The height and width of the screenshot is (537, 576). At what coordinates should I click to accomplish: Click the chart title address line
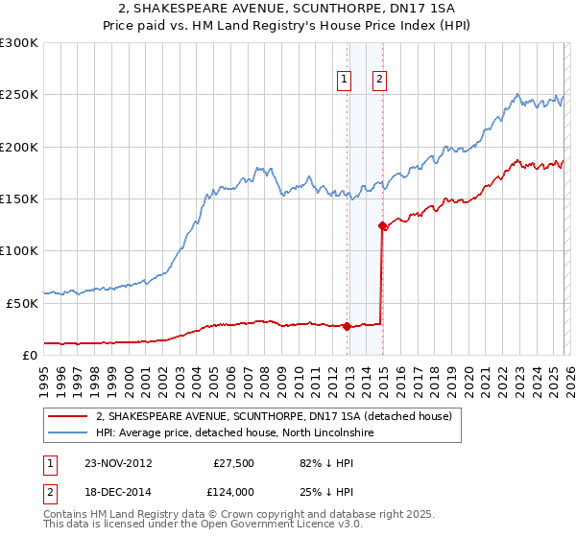(288, 9)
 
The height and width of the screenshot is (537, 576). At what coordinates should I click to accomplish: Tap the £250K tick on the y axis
(19, 95)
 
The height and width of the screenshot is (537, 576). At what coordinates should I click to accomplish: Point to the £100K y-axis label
(19, 250)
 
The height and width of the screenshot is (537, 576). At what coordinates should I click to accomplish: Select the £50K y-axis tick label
(22, 303)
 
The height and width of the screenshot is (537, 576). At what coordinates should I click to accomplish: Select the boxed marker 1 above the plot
(343, 80)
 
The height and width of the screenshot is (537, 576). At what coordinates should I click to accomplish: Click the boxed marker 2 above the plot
(379, 80)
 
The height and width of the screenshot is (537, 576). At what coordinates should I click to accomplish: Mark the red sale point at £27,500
(347, 326)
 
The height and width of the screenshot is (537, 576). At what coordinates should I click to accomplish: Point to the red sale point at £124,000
(382, 226)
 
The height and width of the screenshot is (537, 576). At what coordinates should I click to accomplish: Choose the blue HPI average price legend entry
(238, 433)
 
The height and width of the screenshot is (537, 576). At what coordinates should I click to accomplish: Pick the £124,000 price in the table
(233, 491)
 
